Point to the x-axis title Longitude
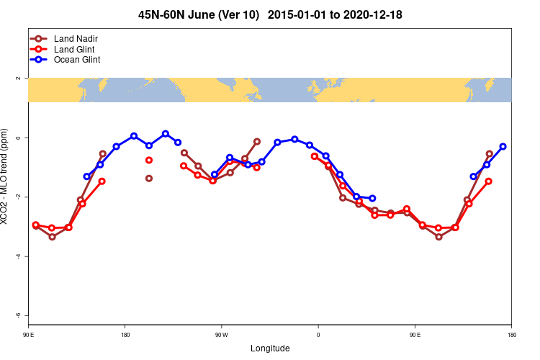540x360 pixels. click(x=270, y=348)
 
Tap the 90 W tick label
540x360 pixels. click(x=221, y=334)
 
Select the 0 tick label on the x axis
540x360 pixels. click(x=318, y=334)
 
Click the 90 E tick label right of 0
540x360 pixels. click(x=415, y=334)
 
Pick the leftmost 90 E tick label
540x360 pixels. click(x=28, y=334)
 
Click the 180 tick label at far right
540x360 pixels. click(x=511, y=334)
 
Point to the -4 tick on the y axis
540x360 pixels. click(x=19, y=256)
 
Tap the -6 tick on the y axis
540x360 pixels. click(x=19, y=315)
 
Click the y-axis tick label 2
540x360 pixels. click(x=19, y=78)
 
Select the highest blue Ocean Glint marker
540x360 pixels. click(x=166, y=134)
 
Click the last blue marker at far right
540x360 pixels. click(x=503, y=146)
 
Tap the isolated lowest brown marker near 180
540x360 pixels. click(x=149, y=179)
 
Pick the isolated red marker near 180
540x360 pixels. click(x=149, y=160)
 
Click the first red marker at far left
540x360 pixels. click(x=36, y=225)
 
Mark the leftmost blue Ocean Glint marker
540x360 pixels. click(x=87, y=176)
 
